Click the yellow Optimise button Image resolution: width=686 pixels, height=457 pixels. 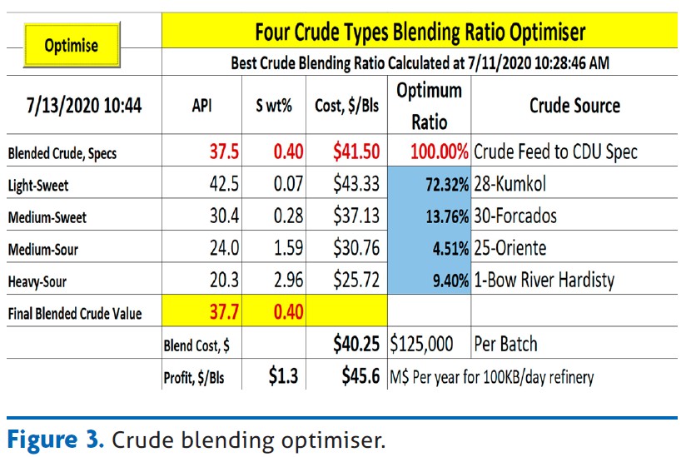pyautogui.click(x=72, y=45)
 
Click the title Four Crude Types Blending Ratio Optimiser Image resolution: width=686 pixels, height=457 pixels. pyautogui.click(x=420, y=32)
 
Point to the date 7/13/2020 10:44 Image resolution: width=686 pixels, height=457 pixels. pyautogui.click(x=84, y=106)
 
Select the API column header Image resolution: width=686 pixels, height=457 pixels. pyautogui.click(x=201, y=106)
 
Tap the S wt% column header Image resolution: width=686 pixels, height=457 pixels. pyautogui.click(x=274, y=106)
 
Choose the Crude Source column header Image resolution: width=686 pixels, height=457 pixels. pyautogui.click(x=574, y=106)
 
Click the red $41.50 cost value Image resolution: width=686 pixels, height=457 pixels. pyautogui.click(x=356, y=152)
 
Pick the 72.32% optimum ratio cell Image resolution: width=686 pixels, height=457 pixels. pyautogui.click(x=447, y=185)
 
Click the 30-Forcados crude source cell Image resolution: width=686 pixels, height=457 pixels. pyautogui.click(x=515, y=216)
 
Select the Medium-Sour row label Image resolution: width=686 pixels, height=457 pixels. pyautogui.click(x=43, y=249)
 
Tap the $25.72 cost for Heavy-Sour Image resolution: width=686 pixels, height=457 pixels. pyautogui.click(x=356, y=280)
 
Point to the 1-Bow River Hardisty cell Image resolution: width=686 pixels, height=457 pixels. pyautogui.click(x=544, y=280)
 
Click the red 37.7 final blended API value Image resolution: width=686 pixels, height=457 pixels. pyautogui.click(x=224, y=312)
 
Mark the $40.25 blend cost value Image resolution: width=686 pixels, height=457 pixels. pyautogui.click(x=356, y=344)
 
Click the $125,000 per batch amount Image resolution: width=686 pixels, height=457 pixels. pyautogui.click(x=421, y=344)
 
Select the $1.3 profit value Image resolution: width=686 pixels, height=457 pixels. pyautogui.click(x=283, y=376)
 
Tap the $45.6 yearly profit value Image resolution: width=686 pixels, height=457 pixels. pyautogui.click(x=360, y=376)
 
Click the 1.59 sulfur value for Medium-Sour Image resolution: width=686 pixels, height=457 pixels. pyautogui.click(x=288, y=248)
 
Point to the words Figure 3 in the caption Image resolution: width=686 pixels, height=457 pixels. pyautogui.click(x=55, y=439)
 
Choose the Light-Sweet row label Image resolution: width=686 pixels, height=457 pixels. pyautogui.click(x=38, y=186)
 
